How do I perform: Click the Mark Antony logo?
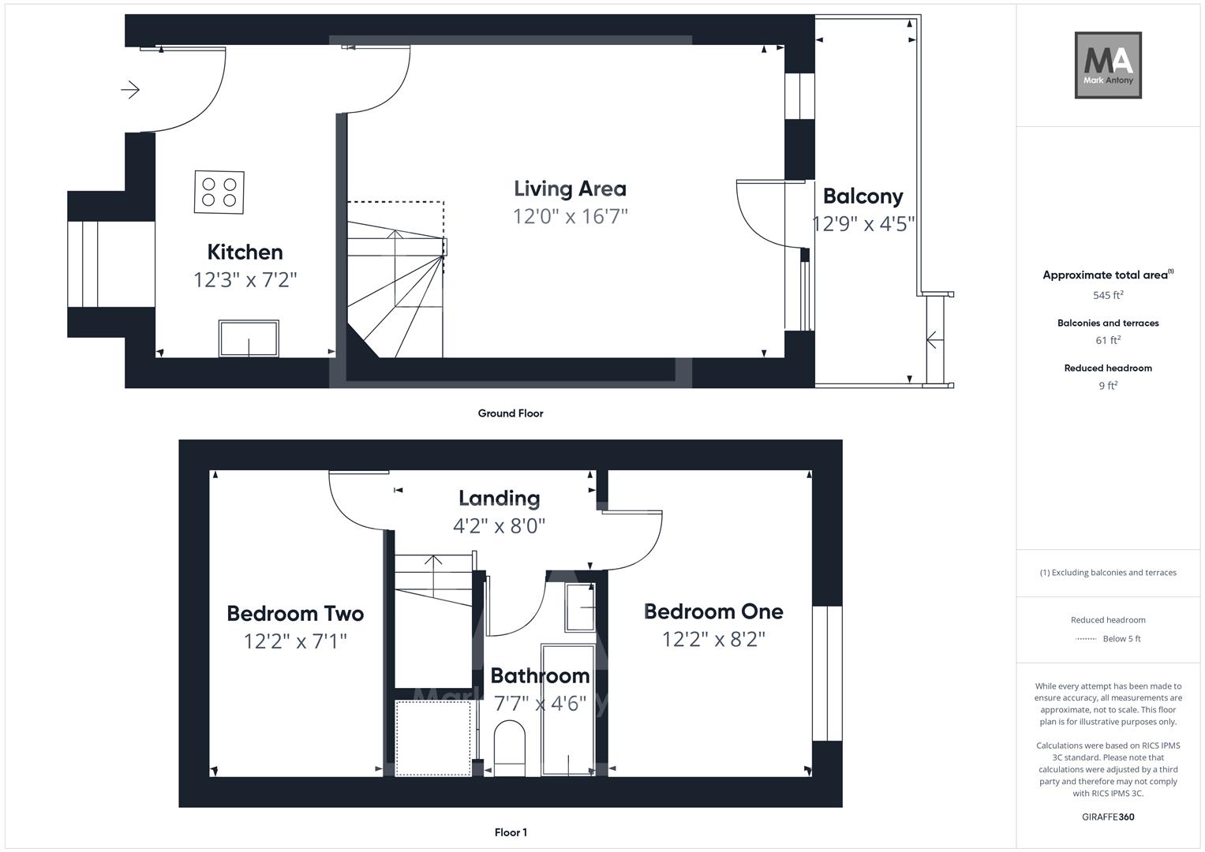(x=1108, y=65)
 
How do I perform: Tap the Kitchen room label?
(x=245, y=252)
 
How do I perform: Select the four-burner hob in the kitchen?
(x=219, y=192)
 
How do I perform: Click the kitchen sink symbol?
(x=249, y=338)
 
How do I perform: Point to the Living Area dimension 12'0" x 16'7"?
(x=570, y=216)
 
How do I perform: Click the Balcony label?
(x=863, y=196)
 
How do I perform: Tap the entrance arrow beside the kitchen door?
(x=130, y=90)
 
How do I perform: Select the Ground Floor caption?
(x=511, y=413)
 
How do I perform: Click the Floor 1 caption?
(x=511, y=832)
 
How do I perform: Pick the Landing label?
(x=500, y=499)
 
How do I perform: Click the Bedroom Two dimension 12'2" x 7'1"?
(x=295, y=641)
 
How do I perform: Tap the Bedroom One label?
(x=713, y=611)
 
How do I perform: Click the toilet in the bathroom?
(x=510, y=745)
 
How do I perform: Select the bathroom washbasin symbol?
(x=580, y=607)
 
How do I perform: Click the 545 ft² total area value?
(x=1108, y=296)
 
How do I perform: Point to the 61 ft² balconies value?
(x=1108, y=341)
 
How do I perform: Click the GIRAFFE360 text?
(x=1108, y=816)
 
